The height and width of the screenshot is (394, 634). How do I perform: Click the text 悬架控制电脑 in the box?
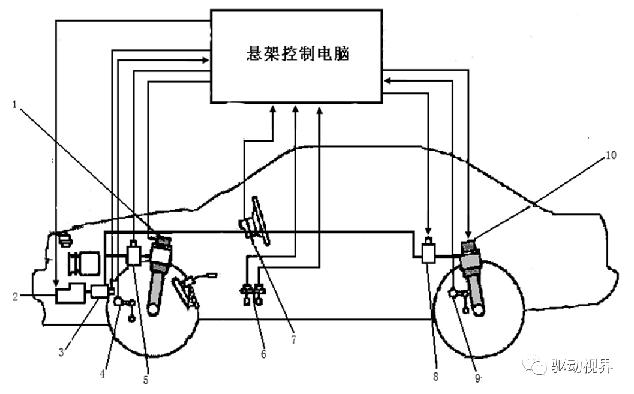(x=298, y=55)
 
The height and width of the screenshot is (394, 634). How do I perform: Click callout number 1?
(x=14, y=104)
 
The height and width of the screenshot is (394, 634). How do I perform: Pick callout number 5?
(x=146, y=380)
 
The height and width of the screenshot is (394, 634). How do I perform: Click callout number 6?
(x=263, y=354)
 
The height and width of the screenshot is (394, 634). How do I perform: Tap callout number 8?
(x=436, y=376)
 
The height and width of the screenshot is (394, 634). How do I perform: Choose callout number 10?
(x=610, y=155)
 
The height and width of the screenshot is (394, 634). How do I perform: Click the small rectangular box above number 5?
(x=133, y=254)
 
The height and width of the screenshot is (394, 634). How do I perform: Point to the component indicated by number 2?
(x=70, y=294)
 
